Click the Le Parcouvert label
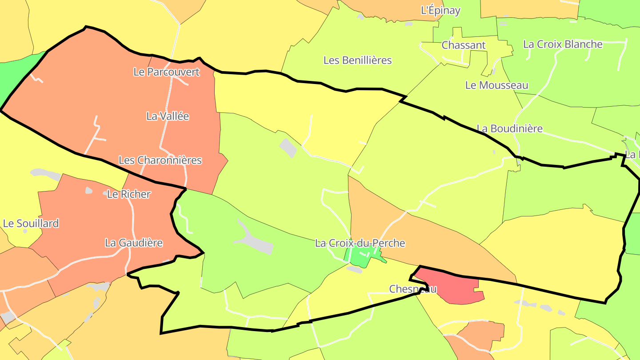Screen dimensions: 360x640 [167, 72]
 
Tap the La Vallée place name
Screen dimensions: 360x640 [168, 116]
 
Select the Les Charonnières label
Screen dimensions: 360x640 [160, 160]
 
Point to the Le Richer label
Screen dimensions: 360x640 [129, 194]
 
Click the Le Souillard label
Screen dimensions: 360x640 [31, 224]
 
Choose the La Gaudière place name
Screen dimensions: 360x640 [134, 243]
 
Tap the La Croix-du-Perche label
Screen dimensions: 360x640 [360, 244]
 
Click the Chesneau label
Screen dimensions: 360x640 [413, 289]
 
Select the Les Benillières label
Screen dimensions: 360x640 [358, 60]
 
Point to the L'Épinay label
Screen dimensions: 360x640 [440, 11]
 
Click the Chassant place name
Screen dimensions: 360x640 [464, 45]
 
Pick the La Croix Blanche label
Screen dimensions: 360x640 [563, 44]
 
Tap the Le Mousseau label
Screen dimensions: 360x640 [496, 85]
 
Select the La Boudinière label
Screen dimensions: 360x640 [509, 129]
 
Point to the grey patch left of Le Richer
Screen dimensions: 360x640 [89, 190]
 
